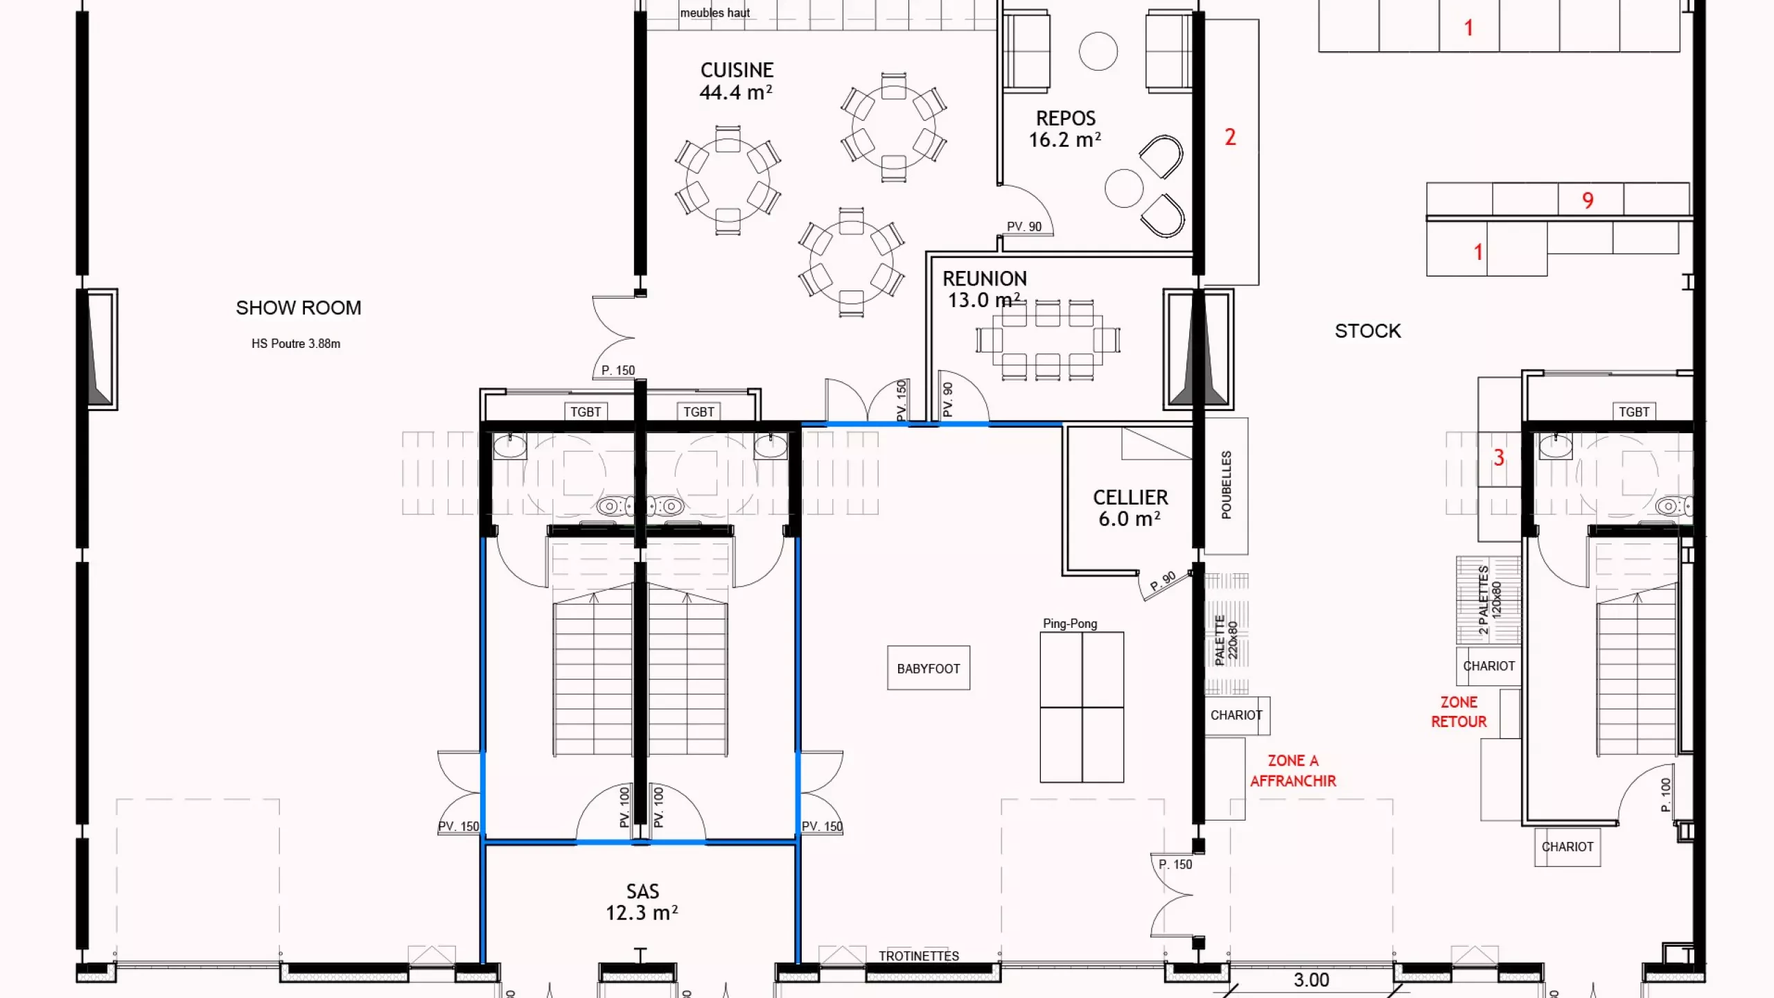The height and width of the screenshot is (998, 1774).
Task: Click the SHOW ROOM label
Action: click(299, 308)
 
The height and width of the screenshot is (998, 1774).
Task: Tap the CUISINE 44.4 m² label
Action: click(736, 81)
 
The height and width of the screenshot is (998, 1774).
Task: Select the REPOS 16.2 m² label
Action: click(1065, 129)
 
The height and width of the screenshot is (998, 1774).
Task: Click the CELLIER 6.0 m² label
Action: click(1130, 508)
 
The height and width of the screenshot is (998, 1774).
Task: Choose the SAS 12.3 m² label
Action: click(642, 902)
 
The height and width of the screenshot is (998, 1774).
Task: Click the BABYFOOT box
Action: click(929, 668)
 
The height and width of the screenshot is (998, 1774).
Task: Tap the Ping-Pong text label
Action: click(1070, 623)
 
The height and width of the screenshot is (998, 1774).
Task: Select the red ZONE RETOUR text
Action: click(1459, 712)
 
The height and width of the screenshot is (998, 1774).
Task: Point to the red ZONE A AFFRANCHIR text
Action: click(1293, 771)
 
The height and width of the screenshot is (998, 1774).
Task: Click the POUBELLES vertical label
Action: click(1227, 484)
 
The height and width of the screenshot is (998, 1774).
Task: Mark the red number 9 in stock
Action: click(1588, 200)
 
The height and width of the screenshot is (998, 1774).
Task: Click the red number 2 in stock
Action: click(1230, 137)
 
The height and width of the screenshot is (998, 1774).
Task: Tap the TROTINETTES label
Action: click(919, 956)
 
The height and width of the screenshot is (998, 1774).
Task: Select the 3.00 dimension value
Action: click(1311, 980)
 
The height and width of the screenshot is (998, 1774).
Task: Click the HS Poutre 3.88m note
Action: click(296, 344)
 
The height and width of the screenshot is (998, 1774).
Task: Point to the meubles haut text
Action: click(715, 12)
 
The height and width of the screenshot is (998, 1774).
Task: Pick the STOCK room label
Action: click(1368, 331)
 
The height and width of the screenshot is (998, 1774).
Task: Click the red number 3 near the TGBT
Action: click(1498, 457)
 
